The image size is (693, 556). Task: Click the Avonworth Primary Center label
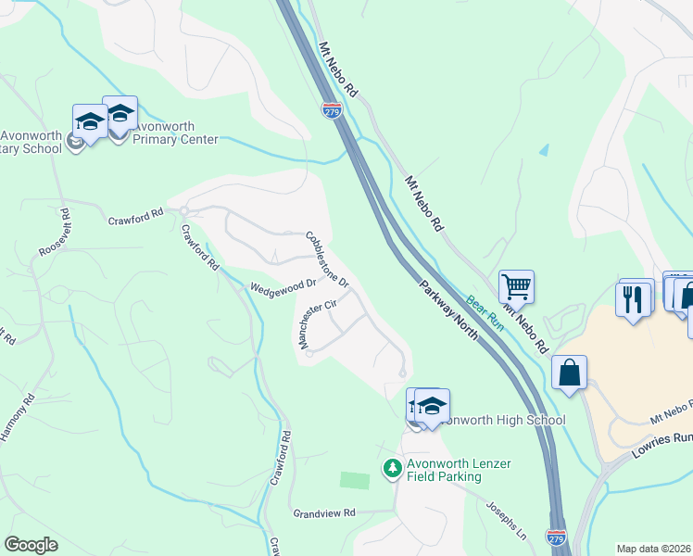pos(175,133)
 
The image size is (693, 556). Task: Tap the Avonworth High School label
pos(500,420)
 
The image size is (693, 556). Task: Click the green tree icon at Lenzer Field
pos(391,470)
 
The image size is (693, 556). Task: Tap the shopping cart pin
pos(516,286)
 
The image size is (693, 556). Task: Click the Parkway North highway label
pos(448,310)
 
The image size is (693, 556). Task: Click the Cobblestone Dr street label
pos(327,259)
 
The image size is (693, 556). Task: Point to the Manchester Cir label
pos(315,323)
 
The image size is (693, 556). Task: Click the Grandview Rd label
pos(324,512)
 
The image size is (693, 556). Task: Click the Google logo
pos(31,545)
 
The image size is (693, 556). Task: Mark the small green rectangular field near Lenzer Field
pos(354,480)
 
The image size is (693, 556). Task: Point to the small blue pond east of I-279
pos(543,148)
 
